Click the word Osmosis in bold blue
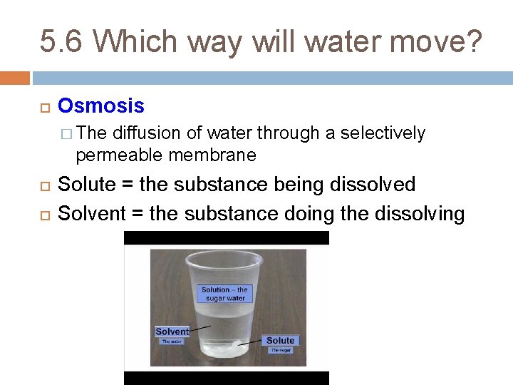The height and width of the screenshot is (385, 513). [100, 106]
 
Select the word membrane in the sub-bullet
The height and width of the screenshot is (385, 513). [212, 155]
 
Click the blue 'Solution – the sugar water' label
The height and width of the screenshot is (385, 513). [224, 294]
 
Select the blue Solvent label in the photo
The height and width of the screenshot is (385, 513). [172, 332]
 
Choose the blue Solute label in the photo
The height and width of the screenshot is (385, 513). [281, 340]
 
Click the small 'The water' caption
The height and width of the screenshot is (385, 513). [172, 342]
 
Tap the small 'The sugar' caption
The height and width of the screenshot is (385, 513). [281, 350]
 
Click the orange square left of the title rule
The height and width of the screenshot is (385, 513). [15, 77]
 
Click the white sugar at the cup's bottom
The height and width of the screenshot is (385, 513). [228, 348]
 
